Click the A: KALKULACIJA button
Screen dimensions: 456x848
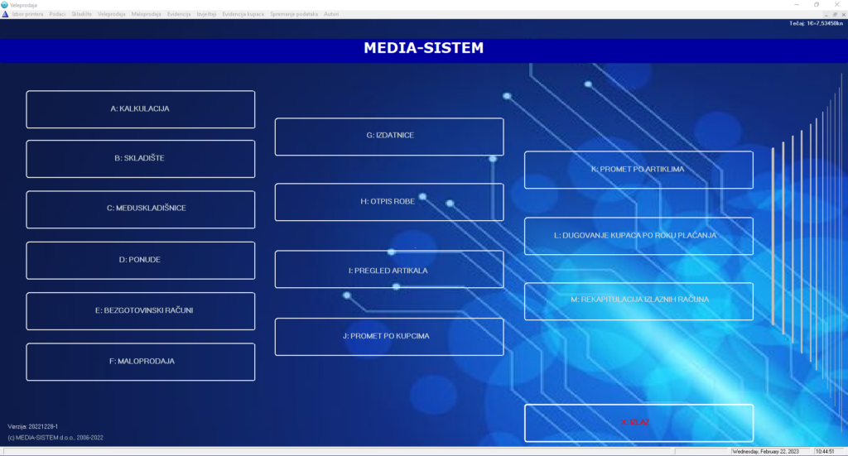pos(140,109)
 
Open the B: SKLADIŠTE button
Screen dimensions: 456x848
pos(140,159)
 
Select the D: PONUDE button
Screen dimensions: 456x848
pos(140,260)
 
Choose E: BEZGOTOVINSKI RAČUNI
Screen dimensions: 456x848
pos(140,311)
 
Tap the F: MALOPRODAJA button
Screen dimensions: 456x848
pos(140,362)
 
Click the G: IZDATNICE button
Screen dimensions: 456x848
pos(389,137)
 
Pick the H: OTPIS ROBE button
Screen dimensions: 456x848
pos(389,202)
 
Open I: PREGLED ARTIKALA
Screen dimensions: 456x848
pos(389,270)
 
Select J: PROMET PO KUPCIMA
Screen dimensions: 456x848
pos(389,337)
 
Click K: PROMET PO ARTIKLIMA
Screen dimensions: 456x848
pos(638,170)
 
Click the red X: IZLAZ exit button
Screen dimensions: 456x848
pos(638,423)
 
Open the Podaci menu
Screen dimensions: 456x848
pos(57,14)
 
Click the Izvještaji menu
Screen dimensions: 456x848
pos(206,14)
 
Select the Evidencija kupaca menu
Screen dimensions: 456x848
pos(243,14)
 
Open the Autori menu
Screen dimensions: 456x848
pos(331,14)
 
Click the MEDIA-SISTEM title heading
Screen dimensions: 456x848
pos(423,49)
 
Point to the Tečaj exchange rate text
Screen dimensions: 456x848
pos(817,23)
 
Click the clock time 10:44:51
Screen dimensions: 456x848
pos(825,452)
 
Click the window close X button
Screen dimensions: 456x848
pos(836,4)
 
